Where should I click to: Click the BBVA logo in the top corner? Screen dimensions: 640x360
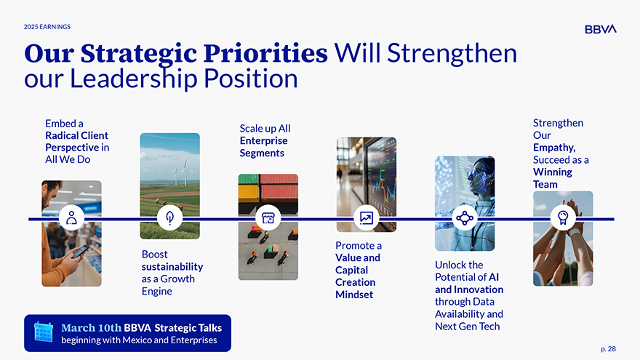pyautogui.click(x=601, y=29)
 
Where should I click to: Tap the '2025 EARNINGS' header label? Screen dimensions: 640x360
pyautogui.click(x=47, y=27)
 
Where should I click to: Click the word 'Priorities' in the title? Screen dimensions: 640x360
pyautogui.click(x=265, y=54)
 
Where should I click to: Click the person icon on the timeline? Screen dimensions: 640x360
pyautogui.click(x=71, y=218)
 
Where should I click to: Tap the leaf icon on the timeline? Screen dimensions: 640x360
pyautogui.click(x=169, y=218)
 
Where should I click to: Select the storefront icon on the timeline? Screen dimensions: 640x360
pyautogui.click(x=268, y=218)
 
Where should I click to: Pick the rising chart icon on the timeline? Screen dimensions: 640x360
pyautogui.click(x=366, y=218)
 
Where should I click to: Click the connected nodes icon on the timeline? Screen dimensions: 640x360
pyautogui.click(x=465, y=218)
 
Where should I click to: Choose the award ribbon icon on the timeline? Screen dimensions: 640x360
pyautogui.click(x=563, y=218)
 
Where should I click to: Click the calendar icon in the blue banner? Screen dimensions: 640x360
pyautogui.click(x=43, y=332)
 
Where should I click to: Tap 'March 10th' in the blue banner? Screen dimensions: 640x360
pyautogui.click(x=91, y=328)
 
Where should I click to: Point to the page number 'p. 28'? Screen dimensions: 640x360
pyautogui.click(x=608, y=349)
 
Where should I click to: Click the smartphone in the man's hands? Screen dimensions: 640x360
pyautogui.click(x=80, y=252)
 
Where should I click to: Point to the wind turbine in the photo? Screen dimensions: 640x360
pyautogui.click(x=185, y=172)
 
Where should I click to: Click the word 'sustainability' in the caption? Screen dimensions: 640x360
pyautogui.click(x=172, y=266)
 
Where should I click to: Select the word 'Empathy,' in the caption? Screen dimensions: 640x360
pyautogui.click(x=554, y=148)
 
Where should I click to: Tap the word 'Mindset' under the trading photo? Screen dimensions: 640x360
pyautogui.click(x=354, y=295)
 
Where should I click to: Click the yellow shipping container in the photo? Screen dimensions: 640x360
pyautogui.click(x=249, y=192)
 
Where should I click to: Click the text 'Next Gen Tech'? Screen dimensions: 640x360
pyautogui.click(x=468, y=327)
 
